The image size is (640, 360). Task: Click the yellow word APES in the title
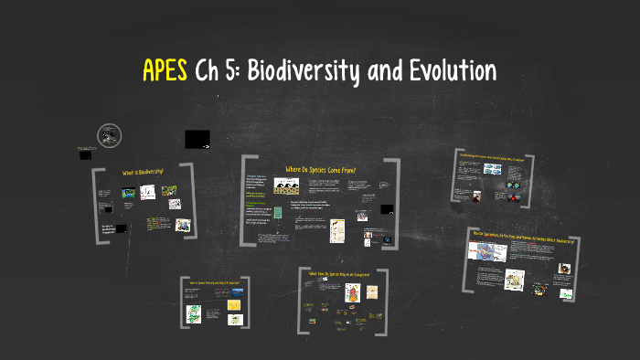point(165,70)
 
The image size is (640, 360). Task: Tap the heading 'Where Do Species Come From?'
point(320,169)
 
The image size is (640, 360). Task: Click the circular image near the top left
point(110,135)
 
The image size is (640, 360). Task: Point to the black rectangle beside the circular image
point(197,139)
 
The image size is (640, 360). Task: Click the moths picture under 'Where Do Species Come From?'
point(285,189)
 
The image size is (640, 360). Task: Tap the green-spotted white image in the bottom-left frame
point(194,313)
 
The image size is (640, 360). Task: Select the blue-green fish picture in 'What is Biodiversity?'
point(128,194)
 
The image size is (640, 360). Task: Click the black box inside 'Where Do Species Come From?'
point(387,209)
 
